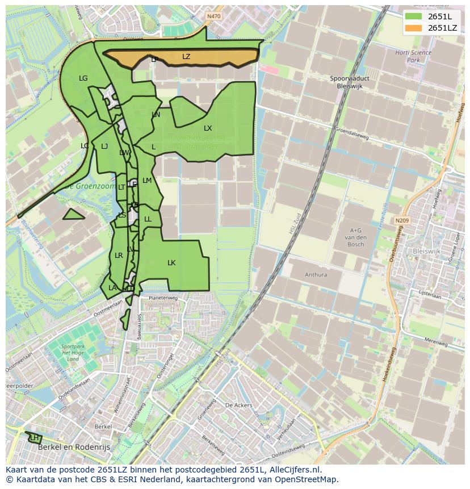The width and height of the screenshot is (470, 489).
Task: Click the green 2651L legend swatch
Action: [x=414, y=16]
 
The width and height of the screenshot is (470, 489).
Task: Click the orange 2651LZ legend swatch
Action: [x=414, y=28]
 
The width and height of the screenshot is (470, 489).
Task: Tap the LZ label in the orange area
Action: [x=186, y=57]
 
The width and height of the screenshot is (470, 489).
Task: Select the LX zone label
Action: [x=208, y=128]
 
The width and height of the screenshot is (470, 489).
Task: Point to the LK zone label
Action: [x=171, y=263]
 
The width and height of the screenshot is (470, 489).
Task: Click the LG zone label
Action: [x=83, y=78]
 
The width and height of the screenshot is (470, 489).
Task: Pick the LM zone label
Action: [x=147, y=181]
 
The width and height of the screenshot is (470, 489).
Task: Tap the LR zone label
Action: [x=119, y=256]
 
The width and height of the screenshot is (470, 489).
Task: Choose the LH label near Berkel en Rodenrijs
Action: [x=35, y=438]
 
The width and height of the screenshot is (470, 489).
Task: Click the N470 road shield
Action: [x=214, y=16]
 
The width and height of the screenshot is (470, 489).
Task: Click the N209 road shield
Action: [x=402, y=220]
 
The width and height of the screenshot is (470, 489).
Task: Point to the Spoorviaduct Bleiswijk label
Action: [x=347, y=82]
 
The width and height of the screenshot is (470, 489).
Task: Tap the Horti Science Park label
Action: [x=414, y=56]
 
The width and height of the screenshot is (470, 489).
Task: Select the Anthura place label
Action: [x=316, y=275]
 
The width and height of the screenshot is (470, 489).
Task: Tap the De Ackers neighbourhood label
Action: [x=238, y=406]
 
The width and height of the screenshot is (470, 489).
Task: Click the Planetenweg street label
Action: [x=163, y=298]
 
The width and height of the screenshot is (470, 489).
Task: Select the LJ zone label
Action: [x=104, y=147]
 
